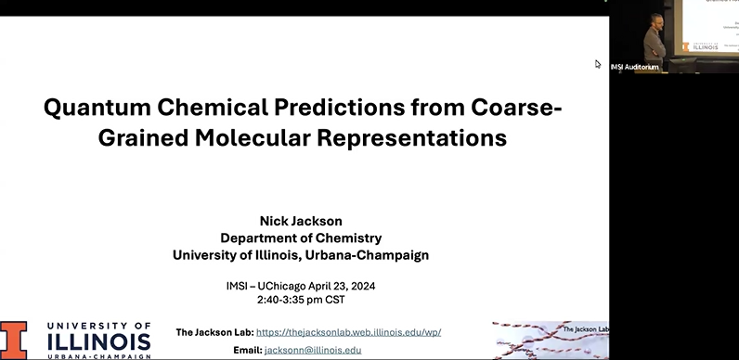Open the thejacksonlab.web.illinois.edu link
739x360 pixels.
pyautogui.click(x=348, y=331)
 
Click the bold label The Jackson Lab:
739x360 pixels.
pyautogui.click(x=214, y=331)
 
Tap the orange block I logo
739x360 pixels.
pyautogui.click(x=14, y=340)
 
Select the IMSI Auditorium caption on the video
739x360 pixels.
pyautogui.click(x=634, y=66)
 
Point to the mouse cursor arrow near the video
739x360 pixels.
pyautogui.click(x=598, y=64)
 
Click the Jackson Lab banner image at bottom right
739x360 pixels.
pyautogui.click(x=551, y=340)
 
